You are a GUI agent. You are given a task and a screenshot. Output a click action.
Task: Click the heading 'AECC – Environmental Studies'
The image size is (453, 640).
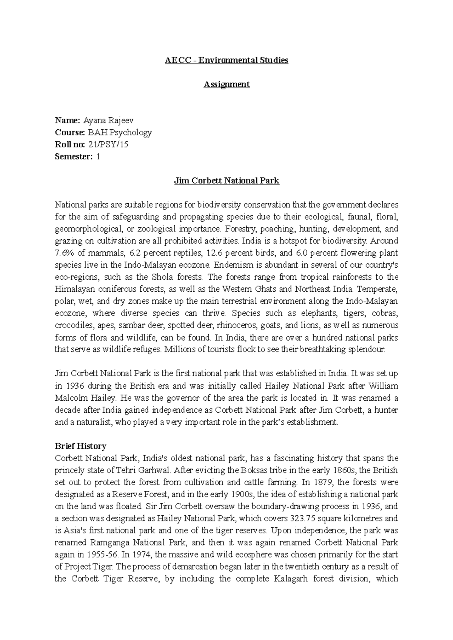(x=226, y=60)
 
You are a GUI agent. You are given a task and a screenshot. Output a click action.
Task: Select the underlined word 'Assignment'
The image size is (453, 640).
(x=226, y=84)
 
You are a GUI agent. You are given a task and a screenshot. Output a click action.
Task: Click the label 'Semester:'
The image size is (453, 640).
(x=73, y=156)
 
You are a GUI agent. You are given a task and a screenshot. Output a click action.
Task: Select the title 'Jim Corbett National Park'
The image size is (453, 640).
(x=226, y=181)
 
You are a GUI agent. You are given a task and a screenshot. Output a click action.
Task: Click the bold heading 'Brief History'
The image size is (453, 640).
(x=80, y=446)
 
